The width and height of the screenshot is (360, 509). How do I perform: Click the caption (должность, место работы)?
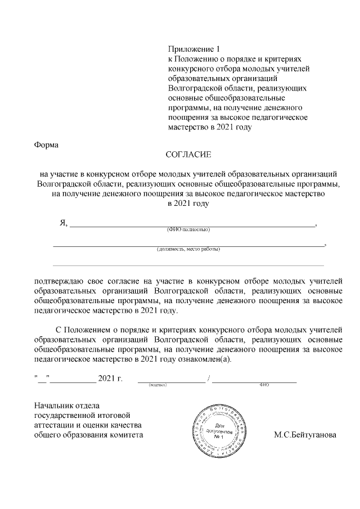pos(188,249)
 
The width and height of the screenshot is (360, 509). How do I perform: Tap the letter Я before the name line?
pos(63,223)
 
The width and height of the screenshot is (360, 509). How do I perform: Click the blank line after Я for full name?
pos(191,225)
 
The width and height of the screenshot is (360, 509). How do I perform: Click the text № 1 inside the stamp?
pos(219,437)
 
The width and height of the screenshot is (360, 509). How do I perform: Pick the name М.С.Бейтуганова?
pos(305,435)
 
